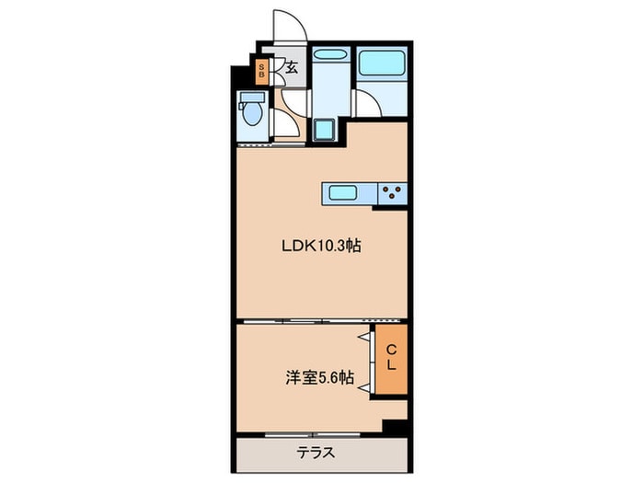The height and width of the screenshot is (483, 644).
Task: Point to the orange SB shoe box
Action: click(x=262, y=71)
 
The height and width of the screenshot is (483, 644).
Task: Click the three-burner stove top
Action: click(x=394, y=193)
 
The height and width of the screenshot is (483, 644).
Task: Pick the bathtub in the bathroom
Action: click(x=382, y=63)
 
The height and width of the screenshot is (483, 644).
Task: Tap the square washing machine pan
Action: click(x=325, y=128)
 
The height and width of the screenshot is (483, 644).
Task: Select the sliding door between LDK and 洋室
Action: click(x=304, y=321)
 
